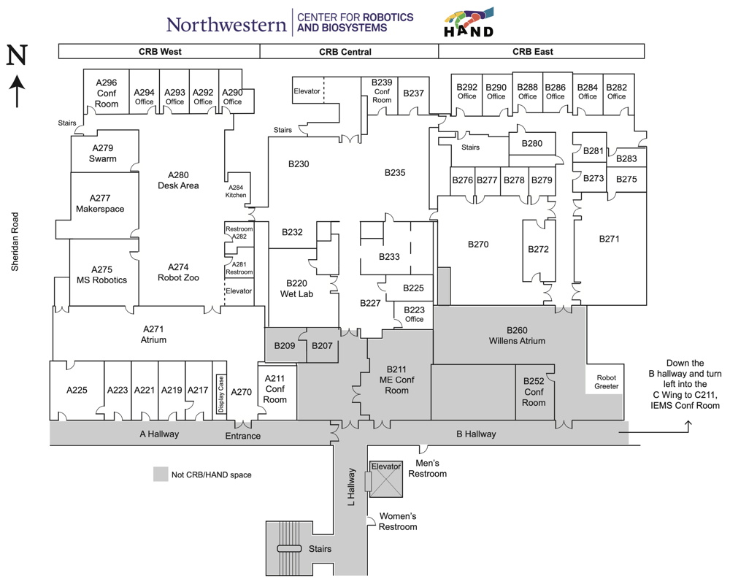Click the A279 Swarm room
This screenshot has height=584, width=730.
pyautogui.click(x=102, y=153)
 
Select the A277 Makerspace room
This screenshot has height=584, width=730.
pyautogui.click(x=100, y=204)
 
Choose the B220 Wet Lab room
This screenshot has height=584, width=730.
pyautogui.click(x=296, y=288)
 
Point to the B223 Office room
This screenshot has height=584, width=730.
pyautogui.click(x=414, y=314)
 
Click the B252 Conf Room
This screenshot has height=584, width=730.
pyautogui.click(x=534, y=392)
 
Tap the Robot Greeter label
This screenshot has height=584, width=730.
pyautogui.click(x=606, y=381)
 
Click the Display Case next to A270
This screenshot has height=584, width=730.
pyautogui.click(x=220, y=394)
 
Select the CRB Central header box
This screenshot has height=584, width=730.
pyautogui.click(x=345, y=51)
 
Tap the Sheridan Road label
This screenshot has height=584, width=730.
pyautogui.click(x=14, y=242)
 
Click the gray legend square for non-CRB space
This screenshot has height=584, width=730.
pyautogui.click(x=160, y=474)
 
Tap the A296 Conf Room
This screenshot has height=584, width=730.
pyautogui.click(x=107, y=93)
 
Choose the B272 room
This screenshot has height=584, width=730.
pyautogui.click(x=538, y=250)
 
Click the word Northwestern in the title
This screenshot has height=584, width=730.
pyautogui.click(x=226, y=24)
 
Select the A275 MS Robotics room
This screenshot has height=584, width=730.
pyautogui.click(x=102, y=274)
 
